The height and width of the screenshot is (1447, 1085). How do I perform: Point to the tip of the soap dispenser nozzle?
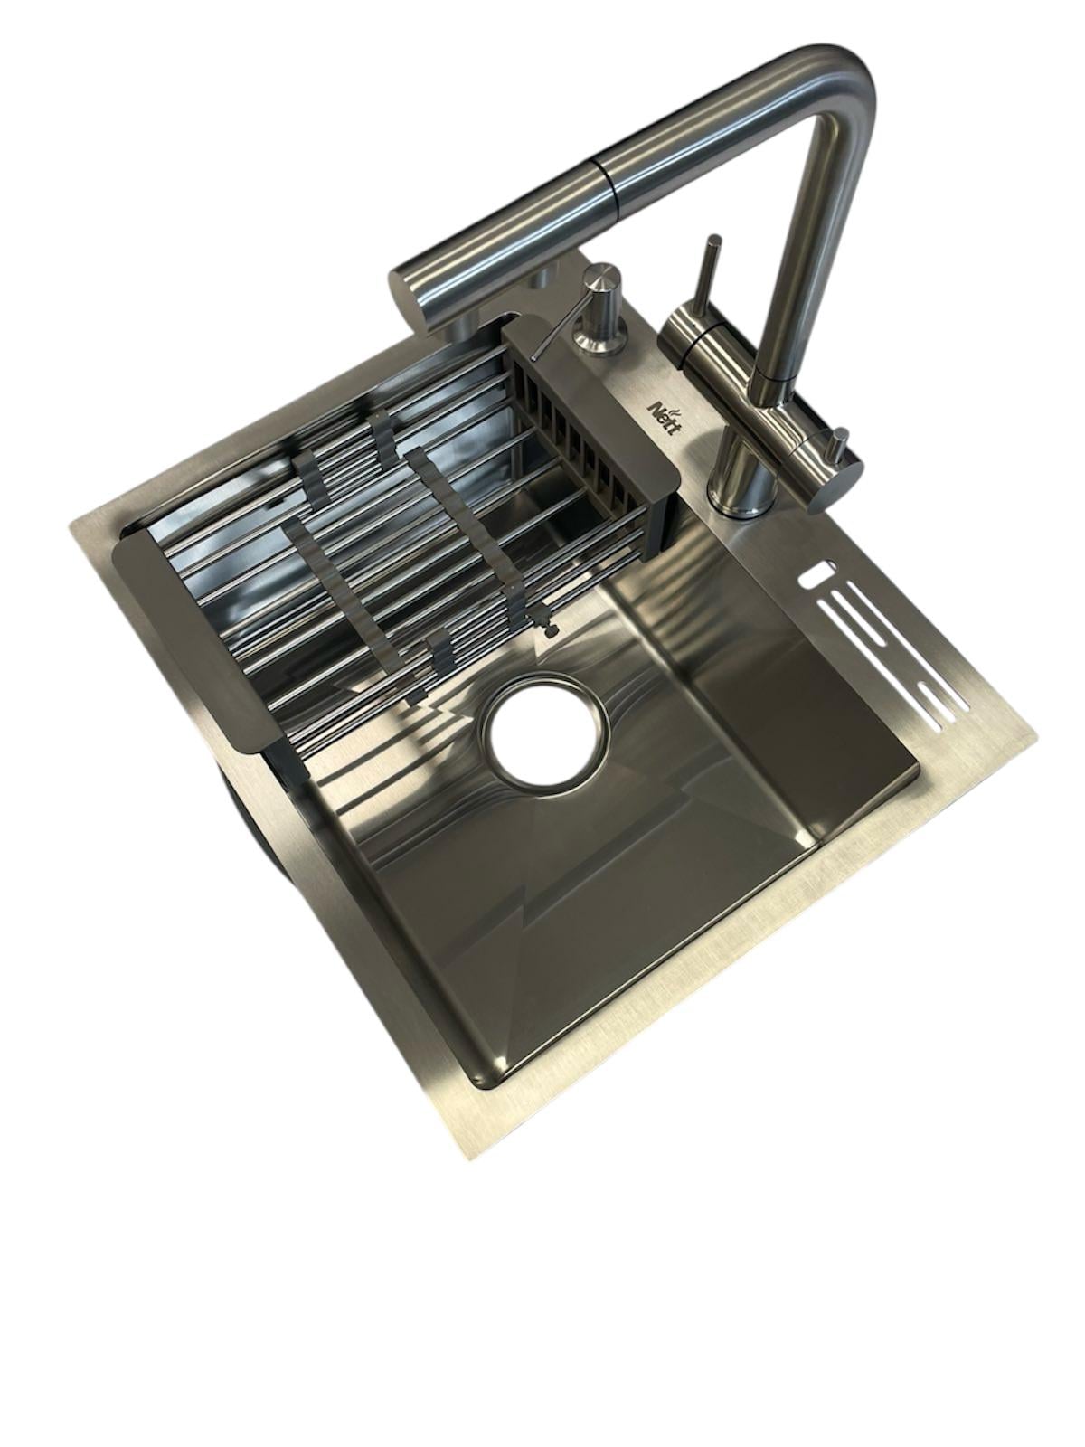tap(533, 356)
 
